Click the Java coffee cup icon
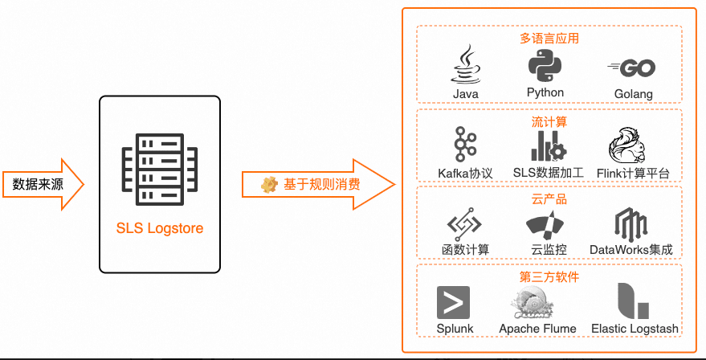tap(465, 65)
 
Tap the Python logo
tap(545, 64)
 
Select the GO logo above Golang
tap(632, 68)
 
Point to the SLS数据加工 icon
tap(549, 145)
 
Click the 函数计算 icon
tap(465, 223)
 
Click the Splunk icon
tap(454, 302)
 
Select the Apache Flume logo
tap(537, 302)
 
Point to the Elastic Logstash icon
tap(633, 301)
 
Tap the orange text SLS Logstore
tap(159, 228)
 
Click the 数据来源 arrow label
tap(38, 184)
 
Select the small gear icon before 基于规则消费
tap(269, 184)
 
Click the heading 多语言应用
tap(549, 38)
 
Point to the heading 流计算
tap(549, 122)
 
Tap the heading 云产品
tap(549, 199)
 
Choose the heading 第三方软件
tap(549, 277)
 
